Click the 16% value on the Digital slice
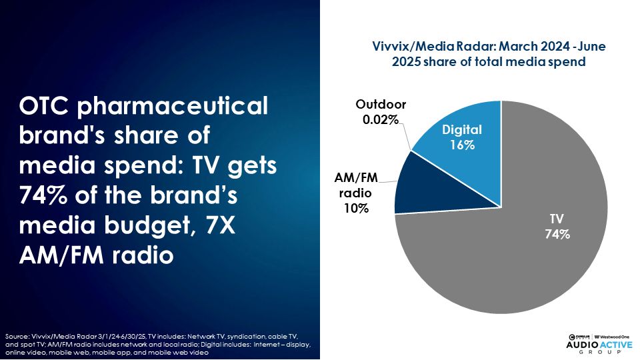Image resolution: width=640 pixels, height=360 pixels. point(461,144)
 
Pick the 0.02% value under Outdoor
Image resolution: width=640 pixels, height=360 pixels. point(381,119)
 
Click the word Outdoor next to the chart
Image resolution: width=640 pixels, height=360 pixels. point(381,105)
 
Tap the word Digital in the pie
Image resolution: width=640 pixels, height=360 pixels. point(461,130)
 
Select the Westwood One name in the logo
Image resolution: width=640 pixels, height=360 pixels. point(613,334)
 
